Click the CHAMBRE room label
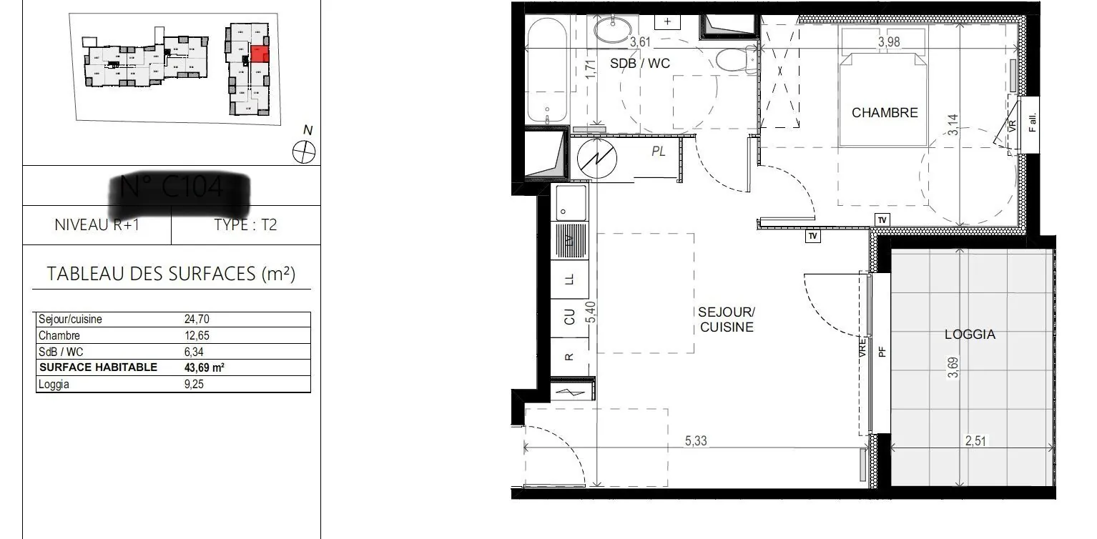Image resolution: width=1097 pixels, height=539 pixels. (x=885, y=113)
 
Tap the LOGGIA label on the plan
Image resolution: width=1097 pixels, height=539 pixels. (x=970, y=334)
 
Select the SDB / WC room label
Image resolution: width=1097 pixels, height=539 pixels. (x=640, y=64)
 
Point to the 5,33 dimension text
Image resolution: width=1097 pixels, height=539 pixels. (x=696, y=441)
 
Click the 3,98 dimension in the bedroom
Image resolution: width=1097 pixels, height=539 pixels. (x=889, y=42)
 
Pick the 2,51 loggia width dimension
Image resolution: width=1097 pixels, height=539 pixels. (x=975, y=441)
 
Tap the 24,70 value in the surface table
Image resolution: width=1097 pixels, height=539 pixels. (x=197, y=320)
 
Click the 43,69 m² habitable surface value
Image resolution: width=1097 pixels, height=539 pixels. (x=205, y=367)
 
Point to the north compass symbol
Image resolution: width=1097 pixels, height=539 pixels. (x=305, y=151)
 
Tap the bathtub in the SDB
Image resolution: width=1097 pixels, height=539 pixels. (x=547, y=71)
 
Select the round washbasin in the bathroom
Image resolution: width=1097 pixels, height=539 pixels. (x=613, y=31)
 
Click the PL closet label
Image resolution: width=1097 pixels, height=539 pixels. (x=658, y=152)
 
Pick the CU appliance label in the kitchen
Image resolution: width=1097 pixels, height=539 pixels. (x=569, y=317)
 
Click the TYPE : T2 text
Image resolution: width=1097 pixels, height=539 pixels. (x=245, y=225)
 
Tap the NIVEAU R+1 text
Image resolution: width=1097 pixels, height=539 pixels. (x=97, y=225)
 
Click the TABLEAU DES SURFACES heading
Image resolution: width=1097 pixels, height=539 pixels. (x=171, y=273)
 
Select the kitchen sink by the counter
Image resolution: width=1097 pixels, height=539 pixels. (x=571, y=202)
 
